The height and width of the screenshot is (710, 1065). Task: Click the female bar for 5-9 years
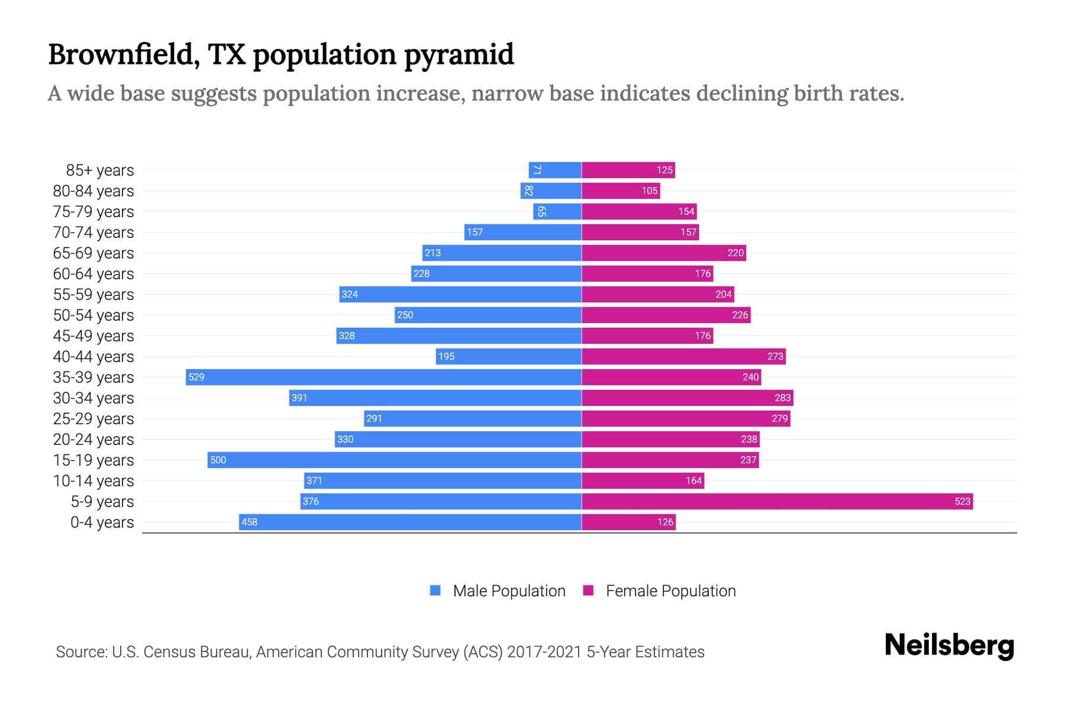(777, 501)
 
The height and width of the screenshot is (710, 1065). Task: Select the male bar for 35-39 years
(383, 377)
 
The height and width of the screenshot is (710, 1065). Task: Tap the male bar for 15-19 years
(394, 460)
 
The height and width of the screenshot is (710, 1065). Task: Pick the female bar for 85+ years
(628, 170)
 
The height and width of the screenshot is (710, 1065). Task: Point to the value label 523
(962, 501)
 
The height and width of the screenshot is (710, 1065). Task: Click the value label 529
(196, 377)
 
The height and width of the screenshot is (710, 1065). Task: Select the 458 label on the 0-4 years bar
(250, 522)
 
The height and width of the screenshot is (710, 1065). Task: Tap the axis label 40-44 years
(93, 356)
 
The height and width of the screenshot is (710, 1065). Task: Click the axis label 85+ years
(100, 170)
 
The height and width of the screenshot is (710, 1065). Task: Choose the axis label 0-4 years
(102, 522)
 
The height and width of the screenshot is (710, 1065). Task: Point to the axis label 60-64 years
(93, 273)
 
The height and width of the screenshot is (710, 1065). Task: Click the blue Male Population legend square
(435, 590)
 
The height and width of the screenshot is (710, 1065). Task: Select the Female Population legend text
(670, 590)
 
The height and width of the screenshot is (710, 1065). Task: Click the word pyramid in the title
(459, 54)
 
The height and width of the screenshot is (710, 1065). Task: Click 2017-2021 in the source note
(544, 651)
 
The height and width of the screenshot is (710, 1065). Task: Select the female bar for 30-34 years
(687, 398)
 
